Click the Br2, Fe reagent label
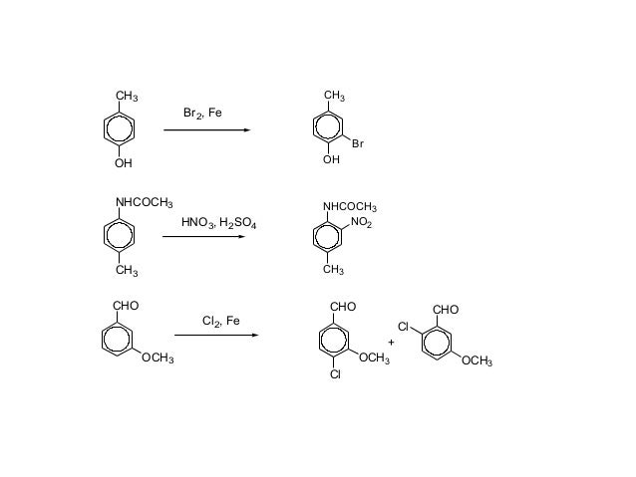click(x=202, y=115)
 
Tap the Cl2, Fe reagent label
click(x=220, y=322)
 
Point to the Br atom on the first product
click(x=357, y=144)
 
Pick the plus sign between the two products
click(x=391, y=342)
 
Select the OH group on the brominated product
click(x=331, y=159)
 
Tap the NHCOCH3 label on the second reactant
click(x=145, y=203)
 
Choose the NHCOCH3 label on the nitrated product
click(x=349, y=207)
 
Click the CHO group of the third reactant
click(x=126, y=305)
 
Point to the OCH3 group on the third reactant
click(x=158, y=358)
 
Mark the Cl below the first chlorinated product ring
click(x=336, y=375)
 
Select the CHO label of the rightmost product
click(x=445, y=310)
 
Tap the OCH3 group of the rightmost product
click(x=476, y=360)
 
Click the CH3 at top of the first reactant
click(x=127, y=97)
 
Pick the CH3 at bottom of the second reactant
click(x=127, y=271)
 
